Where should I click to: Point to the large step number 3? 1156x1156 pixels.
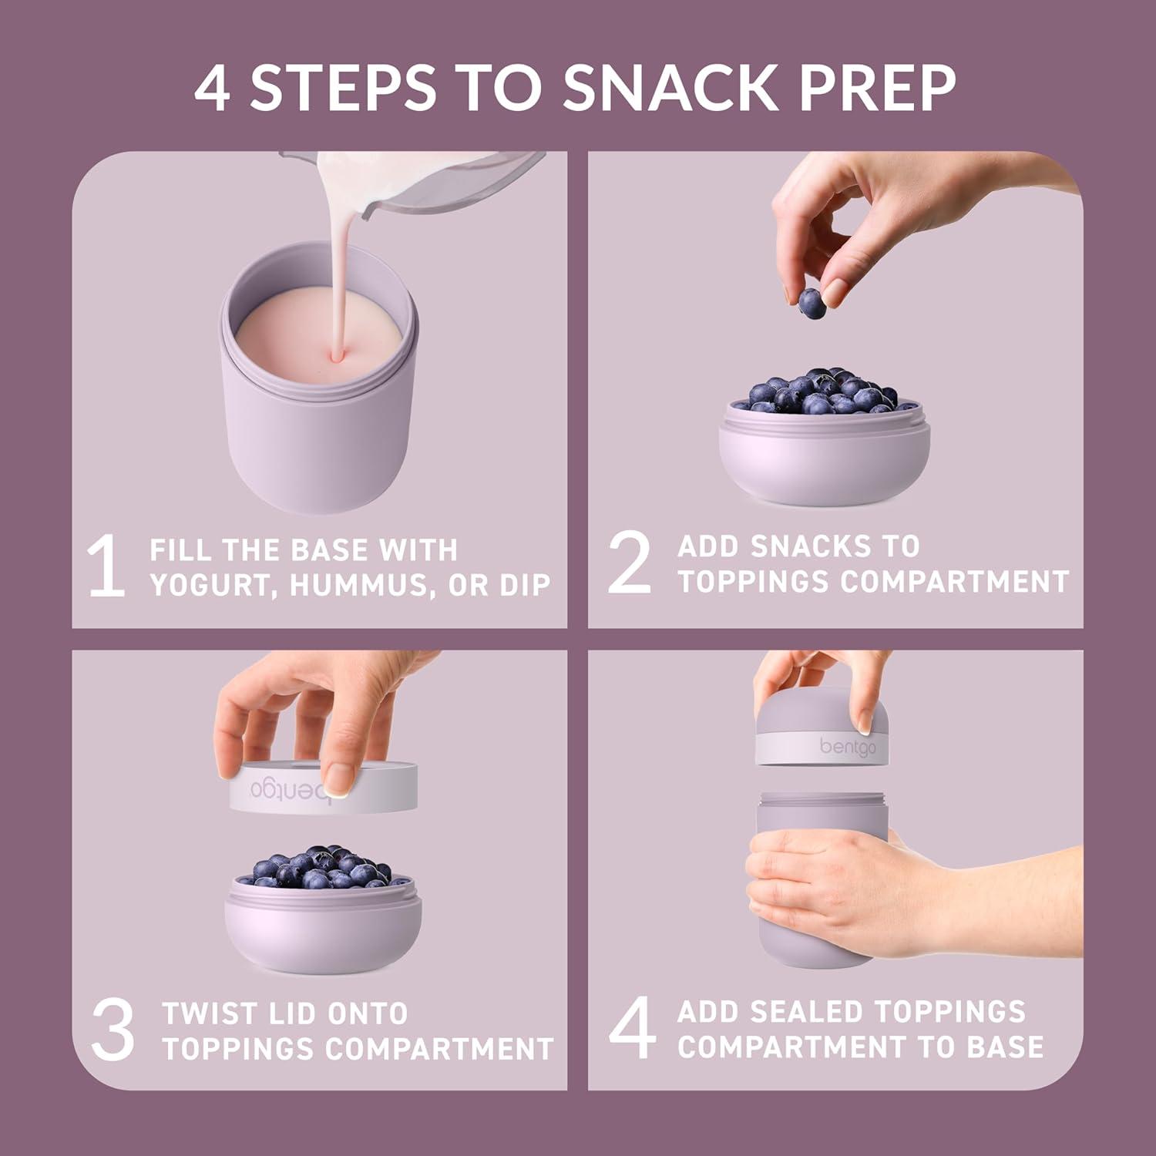[113, 1030]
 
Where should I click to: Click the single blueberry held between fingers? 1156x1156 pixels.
[812, 303]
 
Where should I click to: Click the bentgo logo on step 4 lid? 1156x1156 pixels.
[848, 747]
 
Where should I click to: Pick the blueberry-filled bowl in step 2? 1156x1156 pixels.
[824, 439]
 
